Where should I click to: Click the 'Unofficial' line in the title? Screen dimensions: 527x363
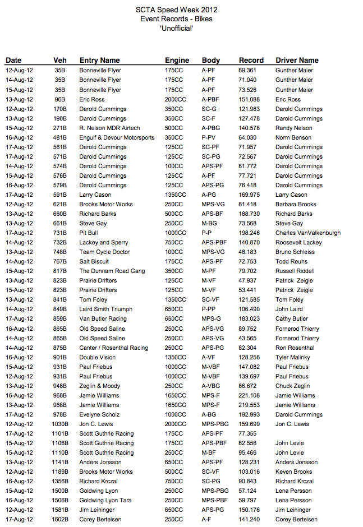pos(177,28)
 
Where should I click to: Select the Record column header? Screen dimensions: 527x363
pos(251,60)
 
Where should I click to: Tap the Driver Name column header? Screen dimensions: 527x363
pos(297,60)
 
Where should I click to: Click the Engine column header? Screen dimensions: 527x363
pos(177,60)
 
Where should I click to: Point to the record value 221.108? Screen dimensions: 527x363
pos(249,395)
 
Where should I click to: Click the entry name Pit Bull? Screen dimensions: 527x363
pos(89,233)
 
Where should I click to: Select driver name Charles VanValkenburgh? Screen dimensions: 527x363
pos(307,233)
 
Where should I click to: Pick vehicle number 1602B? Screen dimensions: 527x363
pos(61,520)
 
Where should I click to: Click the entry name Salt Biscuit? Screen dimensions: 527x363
pos(94,261)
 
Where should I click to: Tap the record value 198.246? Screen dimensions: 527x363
pos(249,233)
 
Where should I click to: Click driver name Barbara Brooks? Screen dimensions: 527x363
pos(296,204)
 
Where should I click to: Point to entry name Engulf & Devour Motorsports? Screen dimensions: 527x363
pos(117,137)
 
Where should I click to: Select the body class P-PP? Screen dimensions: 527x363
pos(208,309)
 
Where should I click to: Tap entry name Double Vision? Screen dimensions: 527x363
pos(98,357)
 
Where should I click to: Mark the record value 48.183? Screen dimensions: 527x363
pos(247,252)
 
